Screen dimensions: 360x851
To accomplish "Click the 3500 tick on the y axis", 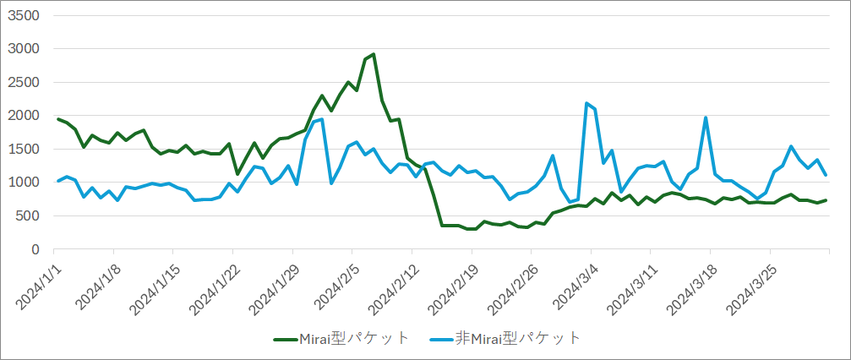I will (23, 15).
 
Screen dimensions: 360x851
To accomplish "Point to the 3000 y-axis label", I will (23, 49).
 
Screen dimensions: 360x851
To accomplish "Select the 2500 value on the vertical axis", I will (23, 82).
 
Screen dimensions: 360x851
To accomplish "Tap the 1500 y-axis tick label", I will (23, 149).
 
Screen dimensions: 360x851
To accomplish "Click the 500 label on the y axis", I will (27, 215).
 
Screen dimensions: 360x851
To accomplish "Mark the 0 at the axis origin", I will (35, 249).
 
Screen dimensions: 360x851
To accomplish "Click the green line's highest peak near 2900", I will (374, 55).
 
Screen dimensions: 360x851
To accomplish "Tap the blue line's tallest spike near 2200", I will (586, 103).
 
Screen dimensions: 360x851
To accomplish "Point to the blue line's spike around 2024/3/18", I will (706, 117).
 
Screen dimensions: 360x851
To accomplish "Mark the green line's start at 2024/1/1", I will (57, 119).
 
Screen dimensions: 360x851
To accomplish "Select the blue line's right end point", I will (826, 175).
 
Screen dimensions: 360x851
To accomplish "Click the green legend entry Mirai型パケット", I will (341, 338).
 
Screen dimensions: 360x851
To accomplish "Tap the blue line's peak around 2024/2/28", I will (553, 155).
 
